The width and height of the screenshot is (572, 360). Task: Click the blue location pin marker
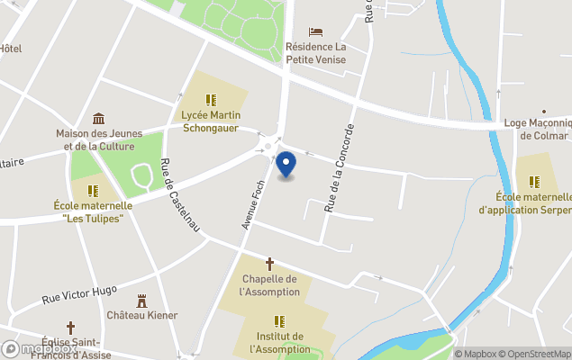tap(286, 164)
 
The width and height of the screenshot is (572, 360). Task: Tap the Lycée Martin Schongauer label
tap(210, 121)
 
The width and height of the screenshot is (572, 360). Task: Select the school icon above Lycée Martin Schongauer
tap(211, 100)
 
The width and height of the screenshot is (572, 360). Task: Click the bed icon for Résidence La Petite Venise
tap(315, 32)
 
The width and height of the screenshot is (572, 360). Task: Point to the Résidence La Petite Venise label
tap(315, 52)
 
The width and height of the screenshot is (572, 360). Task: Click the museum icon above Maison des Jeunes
tap(99, 119)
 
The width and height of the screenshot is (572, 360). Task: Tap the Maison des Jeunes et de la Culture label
tap(95, 139)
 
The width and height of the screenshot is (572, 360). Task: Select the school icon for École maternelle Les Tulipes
tap(93, 191)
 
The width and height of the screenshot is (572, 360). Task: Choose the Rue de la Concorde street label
tap(341, 166)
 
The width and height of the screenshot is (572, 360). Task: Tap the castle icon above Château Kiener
tap(141, 301)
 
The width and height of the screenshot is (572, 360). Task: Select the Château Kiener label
tap(141, 315)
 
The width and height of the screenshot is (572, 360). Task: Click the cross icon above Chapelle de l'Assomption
tap(269, 264)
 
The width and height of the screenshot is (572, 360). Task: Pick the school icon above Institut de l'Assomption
tap(279, 321)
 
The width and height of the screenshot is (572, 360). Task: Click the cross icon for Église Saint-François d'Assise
tap(70, 328)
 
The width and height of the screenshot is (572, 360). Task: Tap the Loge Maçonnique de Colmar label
tap(538, 130)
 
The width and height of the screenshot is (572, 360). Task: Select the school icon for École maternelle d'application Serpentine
tap(534, 182)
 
